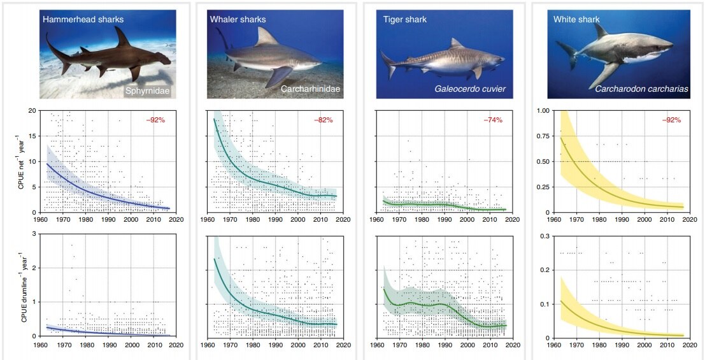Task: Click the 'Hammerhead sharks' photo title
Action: [x=83, y=19]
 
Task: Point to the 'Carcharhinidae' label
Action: [x=310, y=89]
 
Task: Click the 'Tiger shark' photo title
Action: [x=404, y=19]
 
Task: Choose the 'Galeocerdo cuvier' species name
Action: [x=470, y=89]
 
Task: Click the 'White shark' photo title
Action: [x=576, y=19]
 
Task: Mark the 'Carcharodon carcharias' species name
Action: [x=641, y=89]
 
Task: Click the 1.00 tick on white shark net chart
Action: [x=543, y=110]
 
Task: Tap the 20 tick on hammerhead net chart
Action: [x=32, y=110]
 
